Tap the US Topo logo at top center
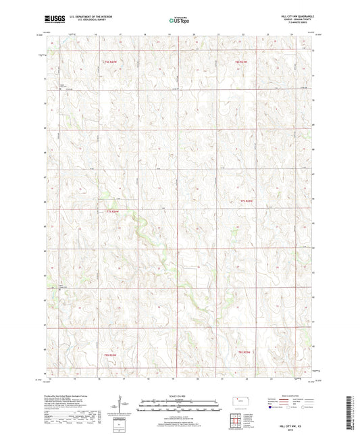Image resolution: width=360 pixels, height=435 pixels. (178, 22)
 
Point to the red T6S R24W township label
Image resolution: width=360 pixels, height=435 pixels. (111, 61)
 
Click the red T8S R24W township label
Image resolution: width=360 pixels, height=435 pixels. (111, 355)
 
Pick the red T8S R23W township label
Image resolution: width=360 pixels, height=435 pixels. (249, 352)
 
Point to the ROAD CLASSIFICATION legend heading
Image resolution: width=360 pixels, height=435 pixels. (284, 395)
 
